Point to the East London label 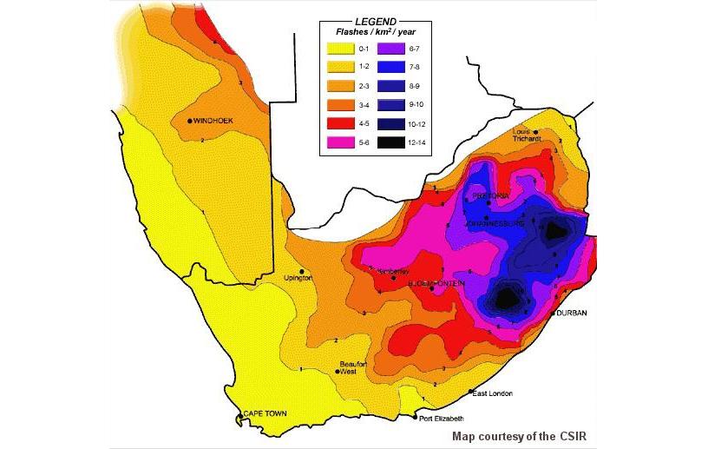tap(493, 393)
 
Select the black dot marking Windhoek tap(189, 121)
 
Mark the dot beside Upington tap(301, 271)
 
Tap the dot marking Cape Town tap(239, 417)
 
